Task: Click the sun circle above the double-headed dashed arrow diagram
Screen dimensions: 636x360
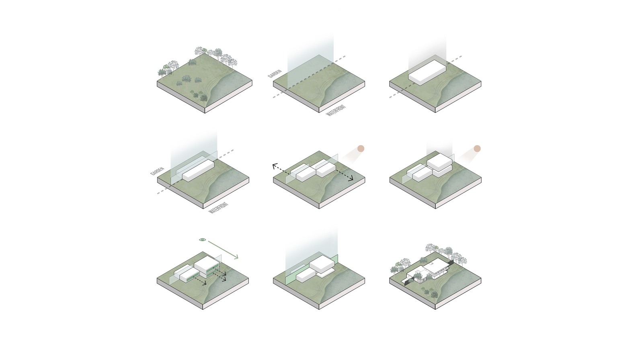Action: tap(361, 148)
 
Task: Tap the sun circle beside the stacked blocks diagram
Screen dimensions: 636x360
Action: tap(477, 148)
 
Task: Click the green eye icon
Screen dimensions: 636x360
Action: tap(203, 240)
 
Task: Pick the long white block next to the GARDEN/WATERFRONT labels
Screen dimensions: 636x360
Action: tap(198, 170)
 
